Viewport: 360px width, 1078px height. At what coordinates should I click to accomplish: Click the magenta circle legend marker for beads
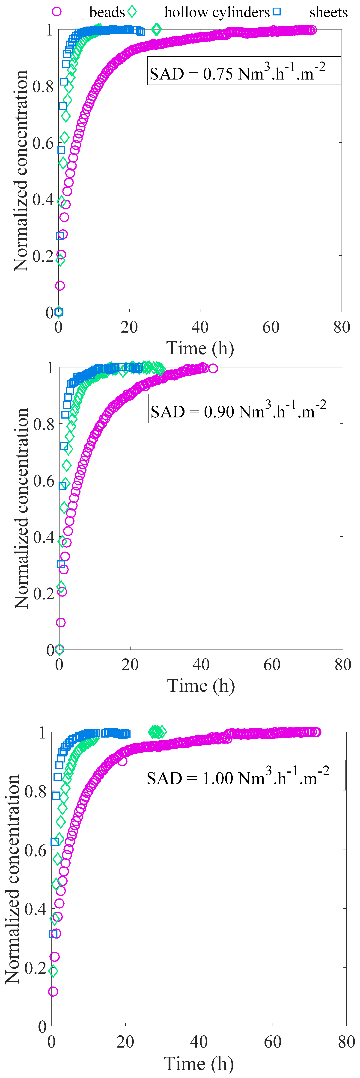[57, 12]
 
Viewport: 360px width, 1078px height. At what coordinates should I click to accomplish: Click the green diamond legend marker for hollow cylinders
[132, 12]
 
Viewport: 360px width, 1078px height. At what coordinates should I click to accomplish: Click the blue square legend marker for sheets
[276, 12]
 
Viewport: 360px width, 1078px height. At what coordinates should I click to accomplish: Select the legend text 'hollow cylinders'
[217, 12]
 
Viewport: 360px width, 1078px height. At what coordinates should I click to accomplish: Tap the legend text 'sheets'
[328, 12]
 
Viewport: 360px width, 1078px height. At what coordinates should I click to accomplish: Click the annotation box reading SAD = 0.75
[244, 71]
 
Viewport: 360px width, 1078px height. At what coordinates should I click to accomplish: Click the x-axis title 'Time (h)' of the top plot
[200, 348]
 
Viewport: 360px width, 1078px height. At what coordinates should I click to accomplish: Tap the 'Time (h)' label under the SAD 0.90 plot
[201, 685]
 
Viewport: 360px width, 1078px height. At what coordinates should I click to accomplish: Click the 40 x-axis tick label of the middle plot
[201, 665]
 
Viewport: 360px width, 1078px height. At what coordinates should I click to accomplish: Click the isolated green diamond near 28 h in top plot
[156, 29]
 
